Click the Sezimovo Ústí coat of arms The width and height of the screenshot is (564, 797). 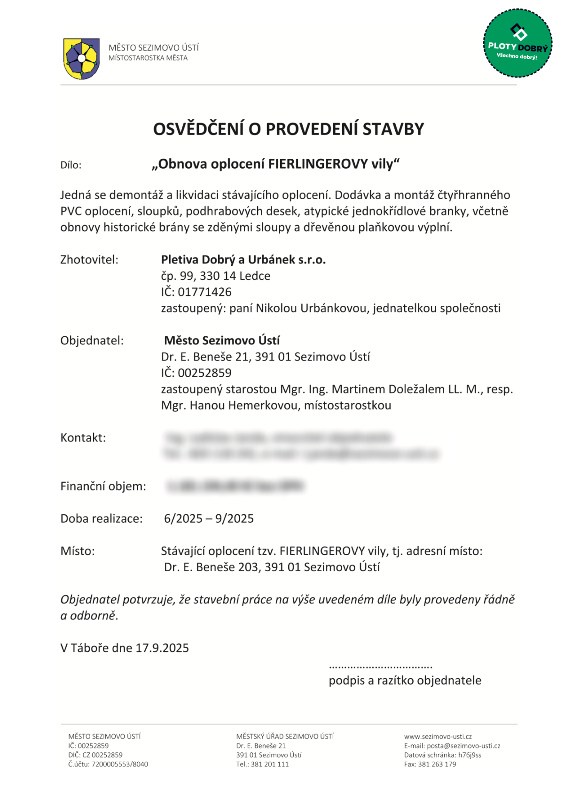click(x=81, y=58)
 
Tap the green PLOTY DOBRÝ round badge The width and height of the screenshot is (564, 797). click(x=517, y=43)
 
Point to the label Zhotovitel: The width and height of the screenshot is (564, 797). click(x=89, y=260)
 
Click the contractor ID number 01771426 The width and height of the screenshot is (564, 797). click(x=204, y=292)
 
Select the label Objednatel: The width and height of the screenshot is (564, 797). click(x=92, y=340)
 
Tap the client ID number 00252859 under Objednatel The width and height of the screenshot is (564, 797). click(x=204, y=373)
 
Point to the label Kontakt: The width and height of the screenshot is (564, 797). click(x=83, y=438)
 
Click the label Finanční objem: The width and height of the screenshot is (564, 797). click(x=103, y=486)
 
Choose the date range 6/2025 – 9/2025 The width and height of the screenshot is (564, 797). click(x=209, y=518)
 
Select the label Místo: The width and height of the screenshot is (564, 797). click(x=78, y=551)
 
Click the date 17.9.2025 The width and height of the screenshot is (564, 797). click(x=162, y=648)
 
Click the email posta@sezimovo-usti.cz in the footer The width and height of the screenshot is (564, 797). click(x=463, y=746)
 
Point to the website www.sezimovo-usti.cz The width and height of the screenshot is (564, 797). click(x=438, y=736)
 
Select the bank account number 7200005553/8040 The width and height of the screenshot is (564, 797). click(x=119, y=764)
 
